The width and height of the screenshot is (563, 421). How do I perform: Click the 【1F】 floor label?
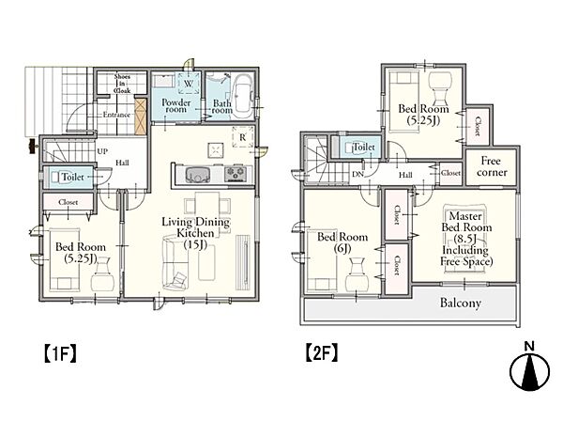[x=60, y=353]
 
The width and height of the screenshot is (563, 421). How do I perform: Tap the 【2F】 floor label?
[x=321, y=353]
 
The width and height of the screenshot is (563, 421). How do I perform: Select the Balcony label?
[x=461, y=304]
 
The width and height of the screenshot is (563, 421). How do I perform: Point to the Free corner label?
[x=492, y=166]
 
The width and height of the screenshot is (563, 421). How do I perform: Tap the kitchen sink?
[x=197, y=175]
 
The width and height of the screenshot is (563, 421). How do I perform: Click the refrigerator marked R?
[x=243, y=137]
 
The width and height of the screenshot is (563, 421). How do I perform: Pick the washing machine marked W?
[x=189, y=84]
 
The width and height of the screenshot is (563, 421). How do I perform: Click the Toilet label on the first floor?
[x=73, y=177]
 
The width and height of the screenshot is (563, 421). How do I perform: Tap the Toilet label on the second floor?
[x=364, y=147]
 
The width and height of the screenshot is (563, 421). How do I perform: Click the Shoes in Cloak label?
[x=122, y=84]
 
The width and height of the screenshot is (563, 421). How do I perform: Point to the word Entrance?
[x=116, y=115]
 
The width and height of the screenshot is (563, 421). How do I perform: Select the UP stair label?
[x=102, y=151]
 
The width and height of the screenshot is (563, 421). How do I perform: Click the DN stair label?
[x=358, y=175]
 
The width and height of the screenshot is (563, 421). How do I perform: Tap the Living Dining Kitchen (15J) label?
[x=196, y=233]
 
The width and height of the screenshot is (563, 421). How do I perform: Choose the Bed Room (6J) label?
[x=342, y=242]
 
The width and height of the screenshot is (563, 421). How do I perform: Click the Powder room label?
[x=176, y=105]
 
